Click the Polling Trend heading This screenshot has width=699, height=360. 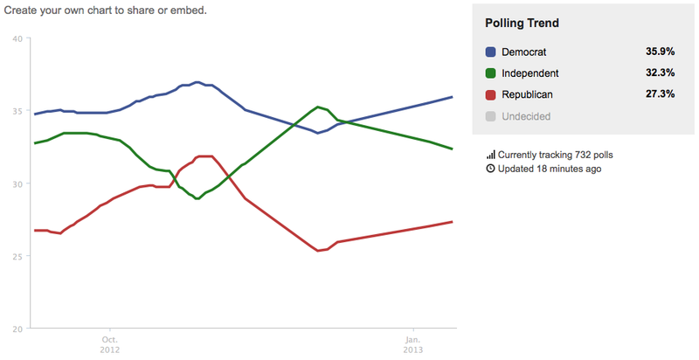point(522,23)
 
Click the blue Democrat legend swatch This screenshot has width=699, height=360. point(491,52)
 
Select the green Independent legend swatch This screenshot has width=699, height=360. point(491,73)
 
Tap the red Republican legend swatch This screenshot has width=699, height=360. point(491,93)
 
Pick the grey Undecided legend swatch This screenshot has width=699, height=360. point(491,115)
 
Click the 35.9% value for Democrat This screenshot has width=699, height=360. point(660,52)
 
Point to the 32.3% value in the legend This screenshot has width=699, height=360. point(660,73)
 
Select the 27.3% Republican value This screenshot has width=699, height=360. point(660,93)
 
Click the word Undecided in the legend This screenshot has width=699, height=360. point(526,115)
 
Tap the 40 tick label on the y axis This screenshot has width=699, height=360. point(17,38)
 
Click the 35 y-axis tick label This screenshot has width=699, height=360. point(17,111)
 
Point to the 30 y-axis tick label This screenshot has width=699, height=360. point(17,183)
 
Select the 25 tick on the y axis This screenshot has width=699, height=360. point(17,256)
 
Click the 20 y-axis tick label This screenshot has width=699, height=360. point(17,329)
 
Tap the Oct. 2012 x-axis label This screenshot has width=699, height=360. point(110,343)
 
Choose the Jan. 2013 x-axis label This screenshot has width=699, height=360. point(413,343)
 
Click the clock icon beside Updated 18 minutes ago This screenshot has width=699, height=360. point(490,169)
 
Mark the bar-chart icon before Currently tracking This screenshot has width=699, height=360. point(490,155)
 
